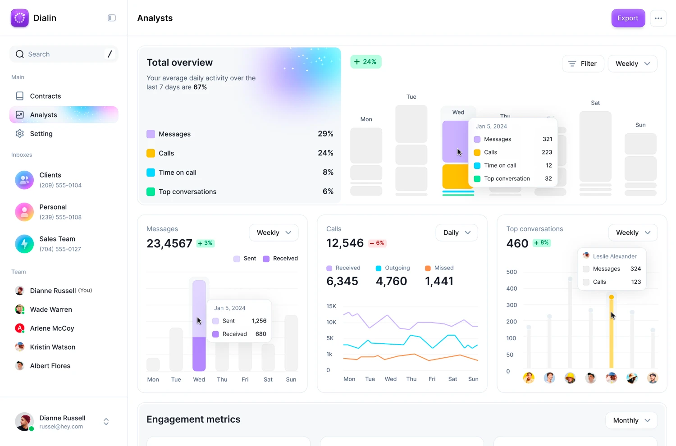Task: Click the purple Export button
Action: (628, 18)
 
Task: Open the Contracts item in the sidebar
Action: (45, 96)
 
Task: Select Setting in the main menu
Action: (41, 134)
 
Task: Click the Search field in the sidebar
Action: (59, 54)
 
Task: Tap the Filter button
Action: (583, 64)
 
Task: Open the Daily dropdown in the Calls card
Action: (457, 232)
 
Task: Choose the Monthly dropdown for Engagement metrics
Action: (631, 420)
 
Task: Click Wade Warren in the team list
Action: (51, 309)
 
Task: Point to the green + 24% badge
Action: (365, 62)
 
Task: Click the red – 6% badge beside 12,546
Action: (377, 243)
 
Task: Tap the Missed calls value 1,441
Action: (439, 281)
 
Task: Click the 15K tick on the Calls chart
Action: (331, 306)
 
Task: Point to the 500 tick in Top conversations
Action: (512, 272)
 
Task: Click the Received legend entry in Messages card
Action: (280, 259)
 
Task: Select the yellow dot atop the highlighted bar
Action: (611, 297)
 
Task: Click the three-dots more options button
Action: (658, 18)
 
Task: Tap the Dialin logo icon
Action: (19, 18)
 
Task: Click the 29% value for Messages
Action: (325, 134)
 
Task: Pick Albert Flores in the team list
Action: (50, 366)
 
